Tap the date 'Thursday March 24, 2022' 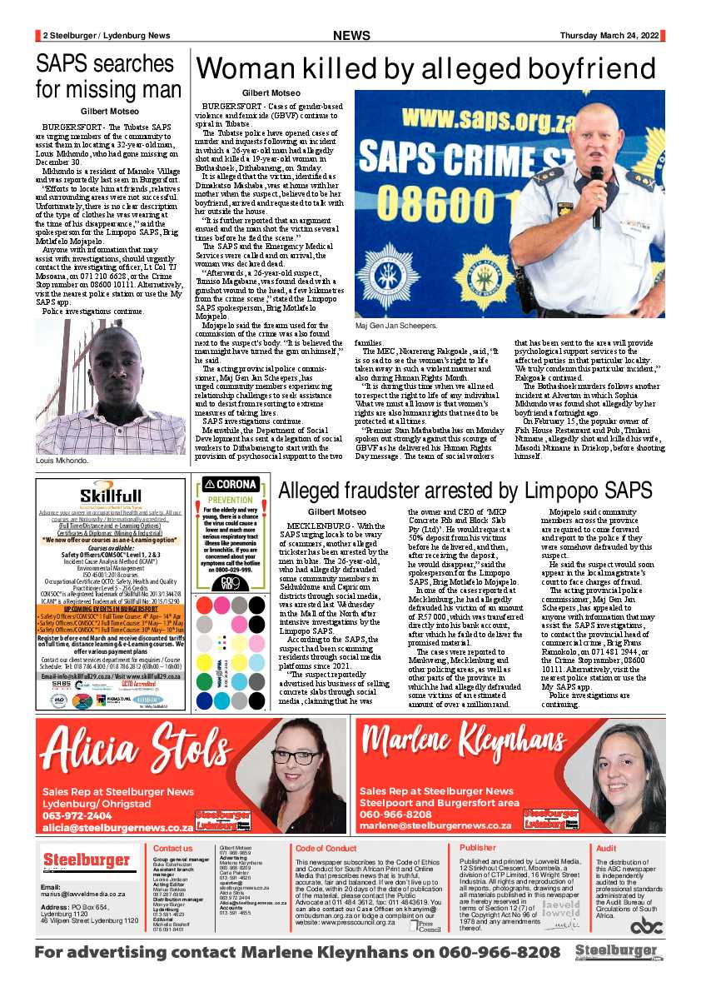point(609,35)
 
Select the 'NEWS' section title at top point(350,35)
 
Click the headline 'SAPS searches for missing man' point(108,76)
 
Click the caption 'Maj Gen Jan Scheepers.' point(395,326)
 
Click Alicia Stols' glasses point(294,758)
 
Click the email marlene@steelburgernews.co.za point(435,825)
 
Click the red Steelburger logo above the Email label point(86,860)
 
